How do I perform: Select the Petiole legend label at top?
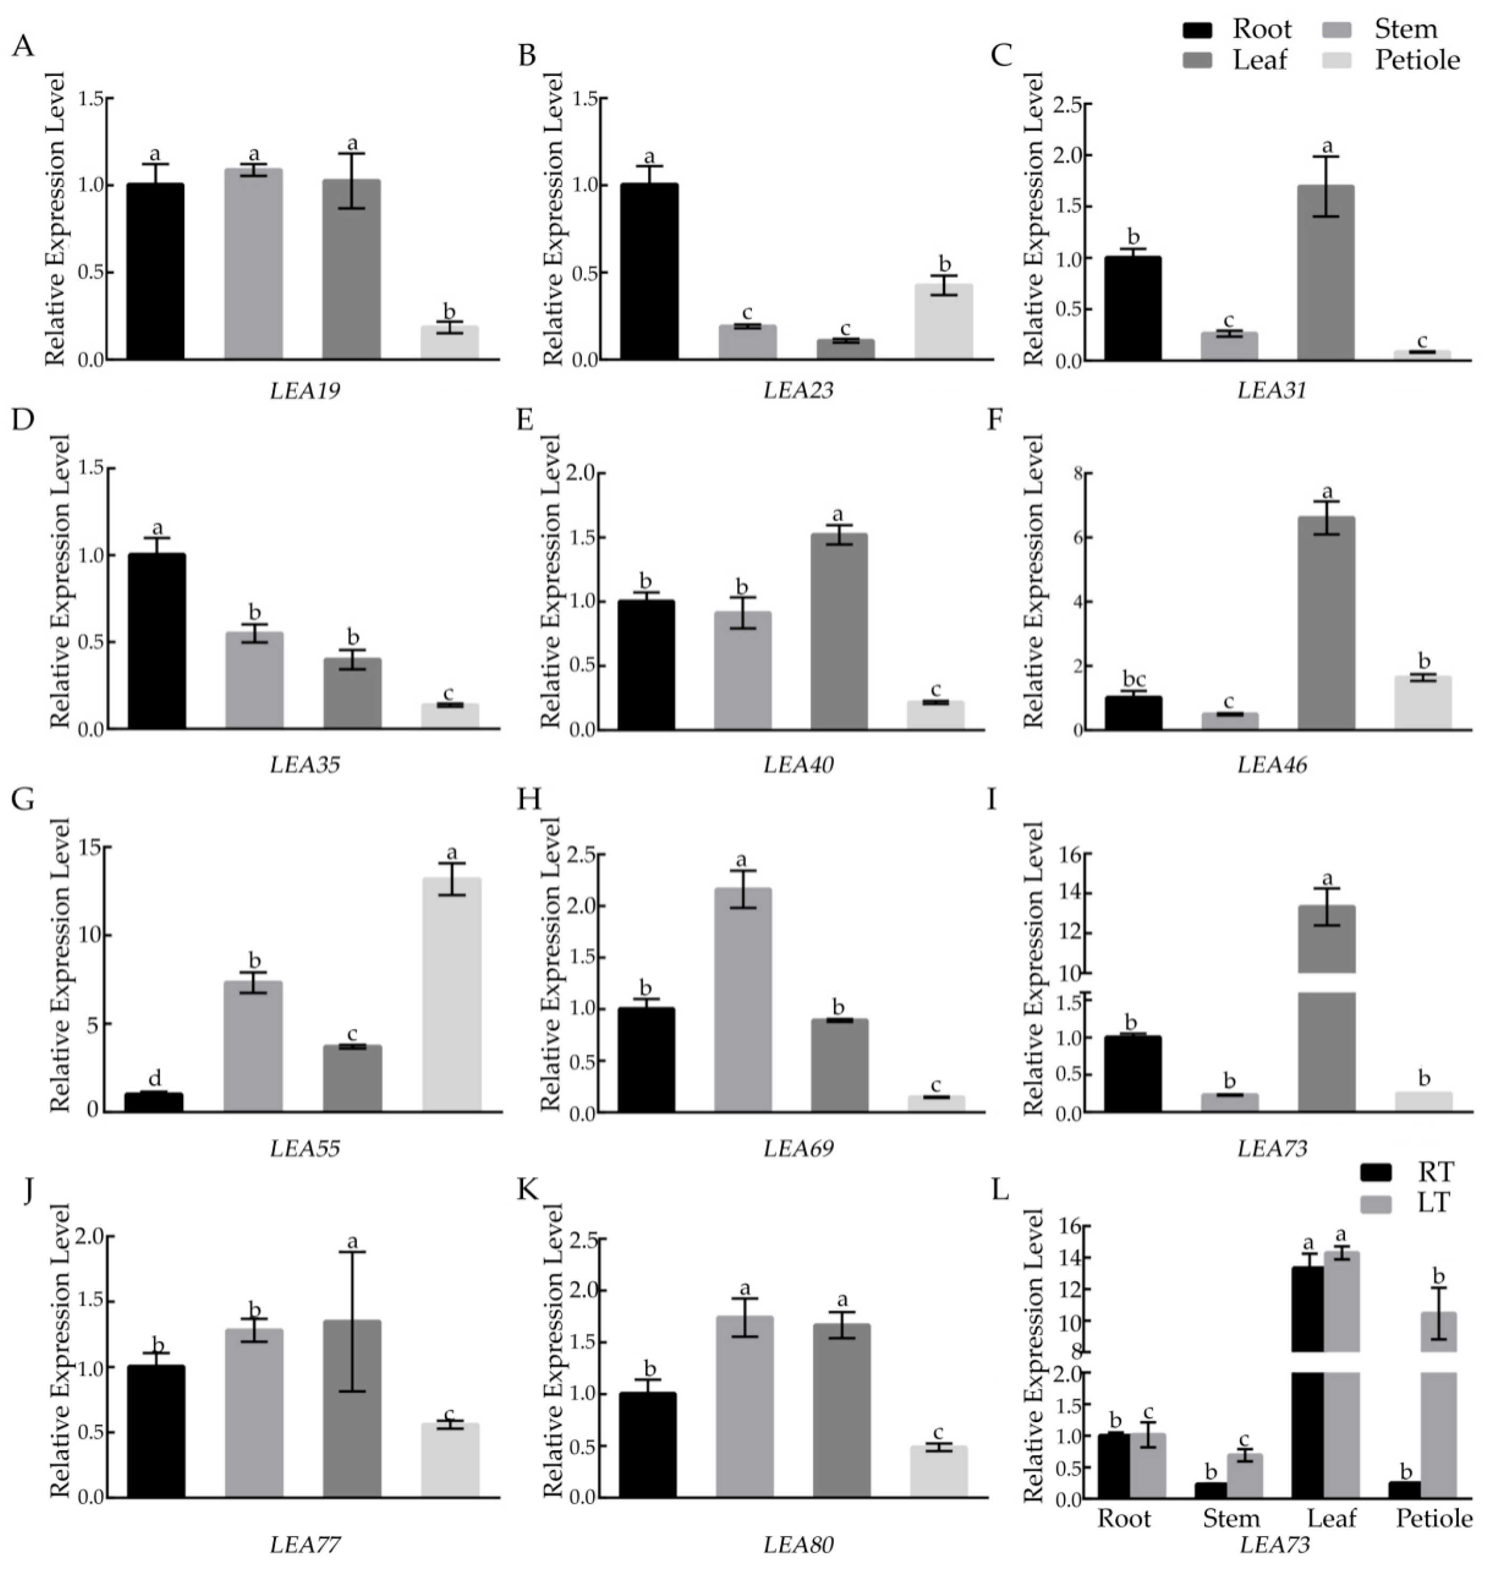click(1418, 60)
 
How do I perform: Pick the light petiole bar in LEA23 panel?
click(944, 321)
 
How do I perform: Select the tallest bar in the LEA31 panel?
click(1326, 272)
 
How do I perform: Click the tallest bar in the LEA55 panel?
click(452, 994)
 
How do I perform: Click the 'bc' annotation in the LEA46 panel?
click(1134, 679)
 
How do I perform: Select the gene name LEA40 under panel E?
click(798, 764)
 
